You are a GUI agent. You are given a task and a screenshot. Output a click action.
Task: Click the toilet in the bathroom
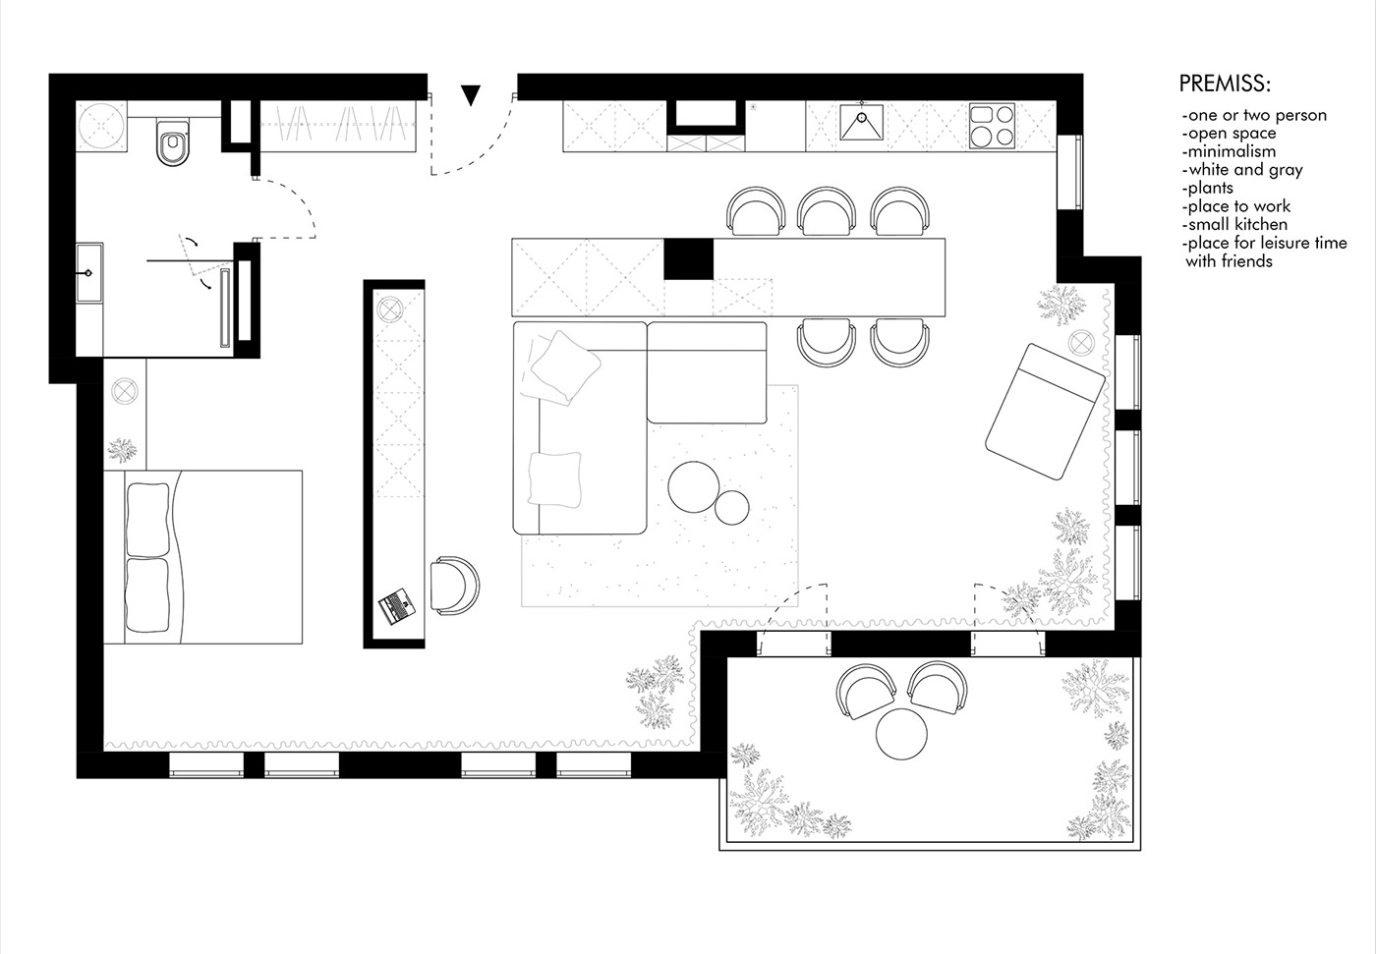[173, 142]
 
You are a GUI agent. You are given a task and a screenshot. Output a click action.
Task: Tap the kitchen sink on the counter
[861, 122]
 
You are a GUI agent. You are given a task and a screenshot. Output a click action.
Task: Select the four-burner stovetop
[992, 126]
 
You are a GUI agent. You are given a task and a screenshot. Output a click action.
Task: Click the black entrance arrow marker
[471, 94]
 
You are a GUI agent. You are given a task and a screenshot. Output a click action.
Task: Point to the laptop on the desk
[397, 606]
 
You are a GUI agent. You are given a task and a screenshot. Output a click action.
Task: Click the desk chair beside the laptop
[455, 585]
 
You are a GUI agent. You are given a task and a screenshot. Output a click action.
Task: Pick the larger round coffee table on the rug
[694, 486]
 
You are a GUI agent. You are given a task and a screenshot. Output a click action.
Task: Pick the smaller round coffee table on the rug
[731, 508]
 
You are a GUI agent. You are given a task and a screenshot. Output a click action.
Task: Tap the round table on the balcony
[901, 734]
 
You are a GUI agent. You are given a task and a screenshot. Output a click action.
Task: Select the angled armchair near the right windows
[1045, 412]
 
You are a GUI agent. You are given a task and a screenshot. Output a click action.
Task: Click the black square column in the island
[689, 258]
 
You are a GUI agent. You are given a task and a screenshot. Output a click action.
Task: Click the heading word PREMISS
[1225, 84]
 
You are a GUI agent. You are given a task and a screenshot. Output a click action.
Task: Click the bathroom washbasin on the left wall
[89, 272]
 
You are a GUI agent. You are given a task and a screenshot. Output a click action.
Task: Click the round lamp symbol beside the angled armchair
[1081, 343]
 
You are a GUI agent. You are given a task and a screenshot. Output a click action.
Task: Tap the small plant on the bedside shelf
[122, 450]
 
